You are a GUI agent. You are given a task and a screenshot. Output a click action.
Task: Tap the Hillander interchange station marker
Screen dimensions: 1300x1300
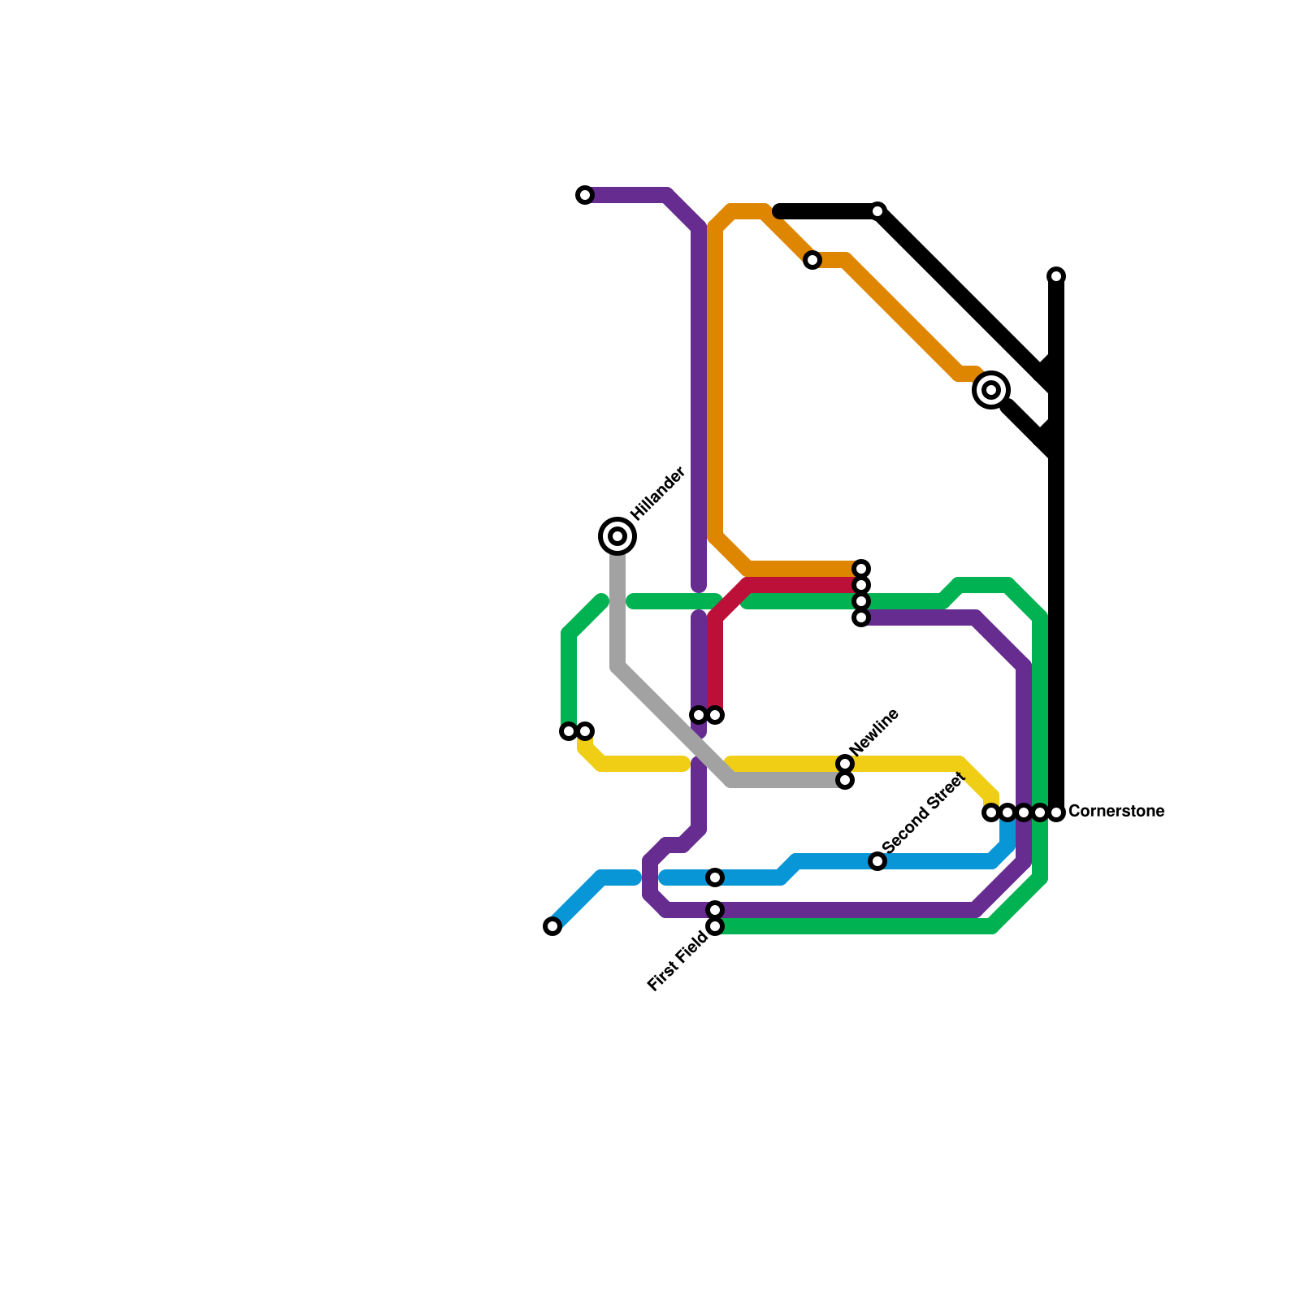(617, 536)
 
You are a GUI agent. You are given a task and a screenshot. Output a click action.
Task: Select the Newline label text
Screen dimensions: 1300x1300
(874, 731)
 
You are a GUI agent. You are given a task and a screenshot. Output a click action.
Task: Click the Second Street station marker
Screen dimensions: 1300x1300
(877, 861)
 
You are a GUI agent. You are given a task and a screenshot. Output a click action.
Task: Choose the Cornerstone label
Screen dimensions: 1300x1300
(1116, 812)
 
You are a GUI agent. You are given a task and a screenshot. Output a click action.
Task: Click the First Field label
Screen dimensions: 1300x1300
(678, 962)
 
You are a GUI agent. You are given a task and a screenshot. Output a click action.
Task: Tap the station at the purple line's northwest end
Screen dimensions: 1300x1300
(585, 195)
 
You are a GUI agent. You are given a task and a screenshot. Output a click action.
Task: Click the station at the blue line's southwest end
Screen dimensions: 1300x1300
(552, 926)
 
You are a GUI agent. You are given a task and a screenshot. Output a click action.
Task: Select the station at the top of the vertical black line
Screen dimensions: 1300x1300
(1056, 276)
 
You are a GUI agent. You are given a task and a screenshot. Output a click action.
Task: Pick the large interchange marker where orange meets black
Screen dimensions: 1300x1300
(991, 390)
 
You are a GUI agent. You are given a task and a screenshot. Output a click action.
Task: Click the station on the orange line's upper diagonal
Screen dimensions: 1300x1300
(812, 260)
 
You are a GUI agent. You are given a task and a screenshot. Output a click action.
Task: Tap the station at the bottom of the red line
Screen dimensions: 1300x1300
(715, 715)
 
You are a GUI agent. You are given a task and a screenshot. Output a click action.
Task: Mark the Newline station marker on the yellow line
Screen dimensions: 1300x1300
(845, 764)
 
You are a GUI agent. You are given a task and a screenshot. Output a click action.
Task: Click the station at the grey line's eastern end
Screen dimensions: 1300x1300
(845, 780)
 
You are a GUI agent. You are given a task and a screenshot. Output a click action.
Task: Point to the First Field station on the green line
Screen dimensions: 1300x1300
(715, 926)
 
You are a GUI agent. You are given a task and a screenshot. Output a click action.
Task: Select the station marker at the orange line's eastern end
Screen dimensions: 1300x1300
(861, 569)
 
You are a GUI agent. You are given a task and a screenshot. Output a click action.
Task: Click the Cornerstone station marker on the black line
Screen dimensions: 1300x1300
(1056, 812)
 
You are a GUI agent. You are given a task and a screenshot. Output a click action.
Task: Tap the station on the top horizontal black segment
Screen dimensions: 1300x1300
(877, 211)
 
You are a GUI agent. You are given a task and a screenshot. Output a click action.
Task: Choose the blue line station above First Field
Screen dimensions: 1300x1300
(715, 877)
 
